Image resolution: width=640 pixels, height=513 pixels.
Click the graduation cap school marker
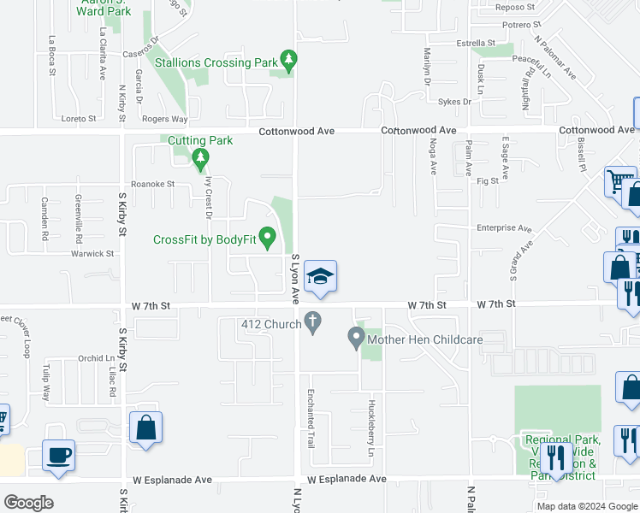tap(321, 277)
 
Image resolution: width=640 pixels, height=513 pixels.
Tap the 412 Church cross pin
tap(313, 323)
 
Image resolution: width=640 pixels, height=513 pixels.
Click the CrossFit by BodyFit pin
tap(267, 236)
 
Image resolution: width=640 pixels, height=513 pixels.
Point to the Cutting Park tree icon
tap(200, 157)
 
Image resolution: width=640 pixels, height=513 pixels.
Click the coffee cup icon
tap(58, 454)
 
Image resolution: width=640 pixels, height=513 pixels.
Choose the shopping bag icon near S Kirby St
tap(145, 427)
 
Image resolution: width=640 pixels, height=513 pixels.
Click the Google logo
tap(28, 503)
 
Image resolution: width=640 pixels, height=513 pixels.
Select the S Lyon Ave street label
tap(295, 278)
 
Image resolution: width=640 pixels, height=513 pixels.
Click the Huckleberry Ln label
tap(371, 424)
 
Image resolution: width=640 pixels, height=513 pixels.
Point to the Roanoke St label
tap(152, 184)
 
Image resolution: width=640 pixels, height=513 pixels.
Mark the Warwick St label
tap(92, 254)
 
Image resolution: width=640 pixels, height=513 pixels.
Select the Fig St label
tap(488, 181)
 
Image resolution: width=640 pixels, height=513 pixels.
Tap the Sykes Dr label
tap(454, 102)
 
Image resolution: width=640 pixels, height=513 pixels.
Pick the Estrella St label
tap(476, 43)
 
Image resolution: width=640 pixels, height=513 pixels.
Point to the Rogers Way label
tap(164, 120)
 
